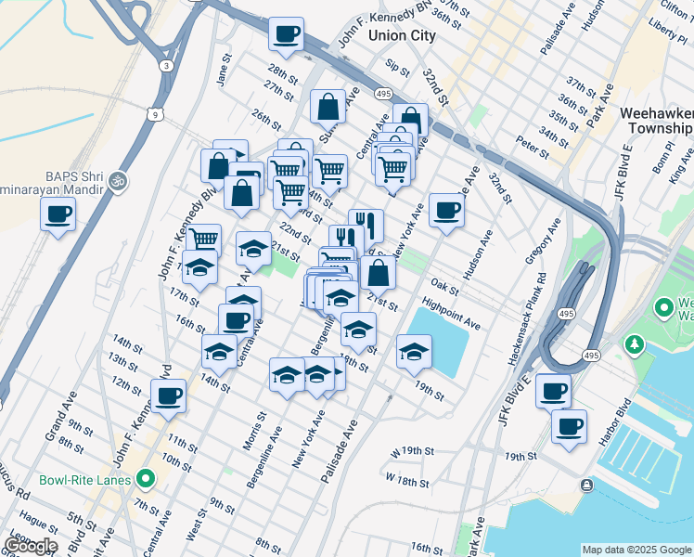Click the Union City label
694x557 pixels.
[x=402, y=36]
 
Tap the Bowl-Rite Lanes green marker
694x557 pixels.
[x=145, y=480]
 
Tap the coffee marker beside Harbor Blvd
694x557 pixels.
[x=570, y=427]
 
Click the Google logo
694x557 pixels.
[x=30, y=546]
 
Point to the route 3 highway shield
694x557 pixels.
[x=165, y=66]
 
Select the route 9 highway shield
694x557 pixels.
[x=156, y=113]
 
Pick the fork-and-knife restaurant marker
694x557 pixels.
[x=366, y=225]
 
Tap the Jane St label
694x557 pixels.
[x=223, y=73]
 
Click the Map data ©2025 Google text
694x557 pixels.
[x=636, y=550]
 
